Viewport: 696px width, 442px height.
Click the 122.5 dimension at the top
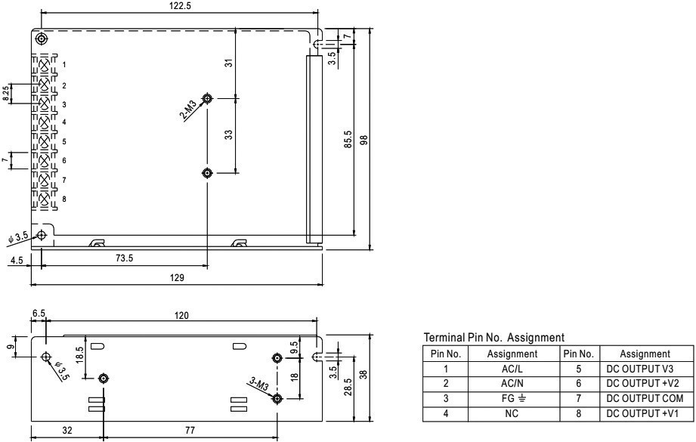(x=179, y=5)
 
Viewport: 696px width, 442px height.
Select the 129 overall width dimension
(x=175, y=277)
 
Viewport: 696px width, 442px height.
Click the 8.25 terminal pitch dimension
(x=7, y=93)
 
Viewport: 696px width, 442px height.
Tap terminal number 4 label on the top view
(x=64, y=122)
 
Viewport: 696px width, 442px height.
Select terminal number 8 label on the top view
(x=64, y=199)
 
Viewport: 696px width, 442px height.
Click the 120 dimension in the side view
(x=181, y=316)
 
